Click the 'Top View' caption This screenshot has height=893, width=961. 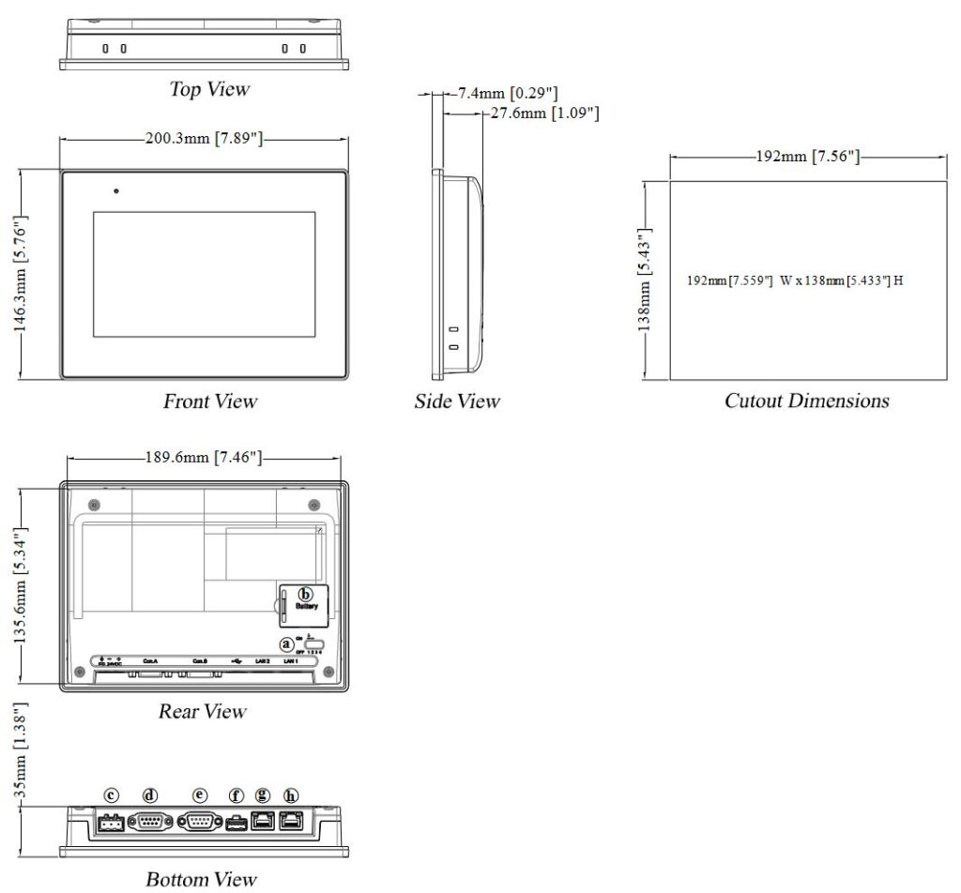point(209,89)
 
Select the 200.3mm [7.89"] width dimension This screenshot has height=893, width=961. point(204,139)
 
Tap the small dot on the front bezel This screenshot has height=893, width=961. point(116,191)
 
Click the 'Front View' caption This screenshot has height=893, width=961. point(209,401)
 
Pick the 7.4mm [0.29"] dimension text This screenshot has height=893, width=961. point(508,93)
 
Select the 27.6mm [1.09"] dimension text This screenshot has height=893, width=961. point(545,114)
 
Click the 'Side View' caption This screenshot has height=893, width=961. point(457,401)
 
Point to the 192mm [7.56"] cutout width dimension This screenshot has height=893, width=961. point(808,156)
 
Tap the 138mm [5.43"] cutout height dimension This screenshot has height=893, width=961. point(646,280)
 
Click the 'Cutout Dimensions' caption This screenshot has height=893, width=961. point(806,401)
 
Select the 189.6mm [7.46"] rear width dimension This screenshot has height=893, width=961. point(204,458)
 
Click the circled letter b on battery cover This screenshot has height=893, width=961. point(304,594)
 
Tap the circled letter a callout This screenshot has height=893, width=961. point(286,643)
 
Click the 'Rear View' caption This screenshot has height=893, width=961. point(202,711)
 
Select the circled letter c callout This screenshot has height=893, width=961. point(111,795)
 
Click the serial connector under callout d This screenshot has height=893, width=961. point(149,823)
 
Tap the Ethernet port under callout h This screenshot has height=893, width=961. point(293,822)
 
